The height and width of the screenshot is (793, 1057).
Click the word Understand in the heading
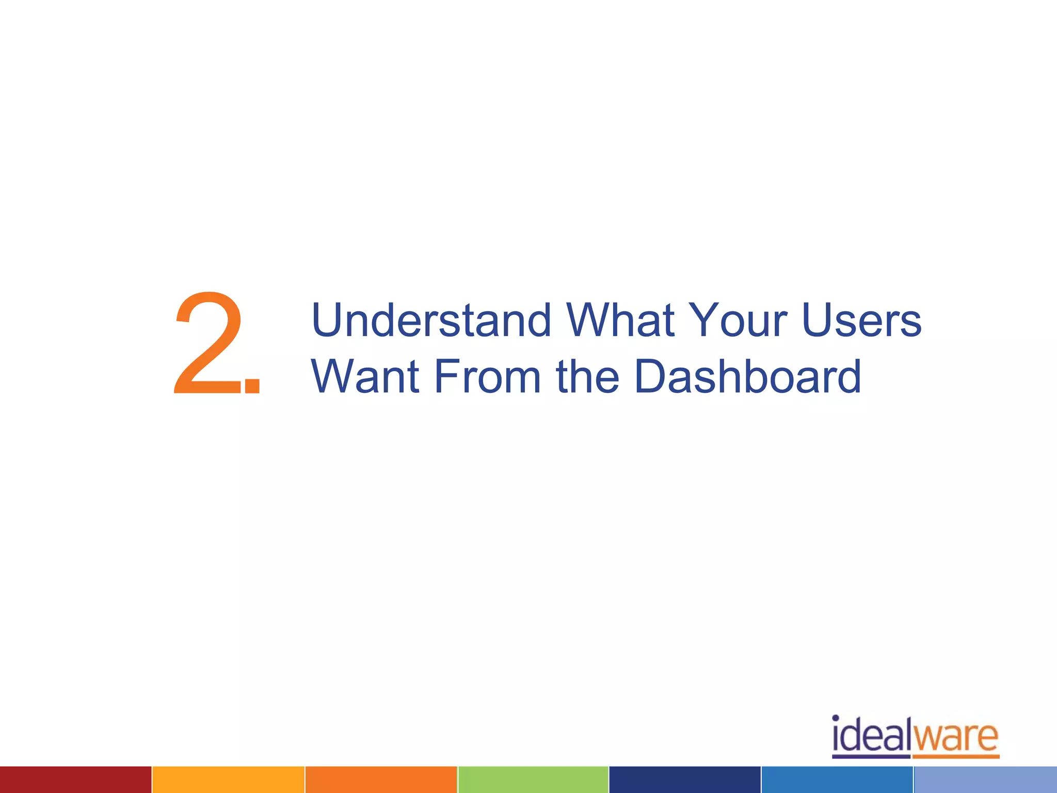pos(431,321)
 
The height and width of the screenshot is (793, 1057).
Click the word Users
pos(861,321)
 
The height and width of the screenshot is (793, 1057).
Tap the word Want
pos(365,376)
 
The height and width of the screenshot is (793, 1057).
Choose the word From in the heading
pos(487,376)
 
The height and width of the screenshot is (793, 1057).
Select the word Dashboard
pos(747,376)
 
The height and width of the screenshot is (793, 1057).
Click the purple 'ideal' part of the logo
pos(871,736)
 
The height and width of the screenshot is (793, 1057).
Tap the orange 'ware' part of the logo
pos(956,737)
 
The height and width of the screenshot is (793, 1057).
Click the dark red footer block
pos(75,780)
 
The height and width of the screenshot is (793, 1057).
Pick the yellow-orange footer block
pos(228,780)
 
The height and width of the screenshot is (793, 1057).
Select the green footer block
pos(533,780)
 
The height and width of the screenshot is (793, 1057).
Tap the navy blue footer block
pos(685,780)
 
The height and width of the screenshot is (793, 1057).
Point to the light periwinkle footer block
pos(985,780)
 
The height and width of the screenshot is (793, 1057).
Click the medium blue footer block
pos(837,780)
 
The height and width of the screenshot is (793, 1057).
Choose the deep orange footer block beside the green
pos(381,780)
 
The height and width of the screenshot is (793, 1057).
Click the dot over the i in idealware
pos(836,718)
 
